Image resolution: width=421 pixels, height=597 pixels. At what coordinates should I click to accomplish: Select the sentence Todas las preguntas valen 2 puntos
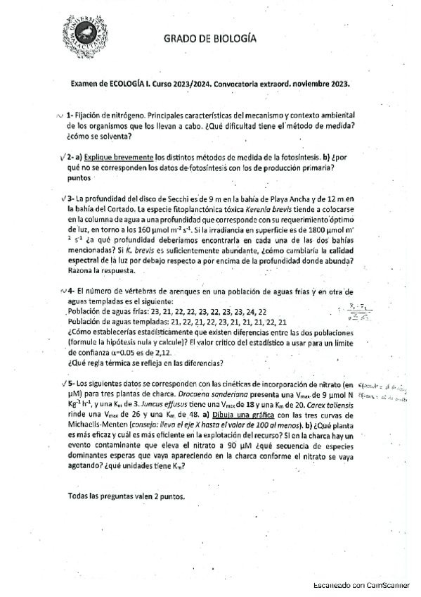click(x=127, y=496)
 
